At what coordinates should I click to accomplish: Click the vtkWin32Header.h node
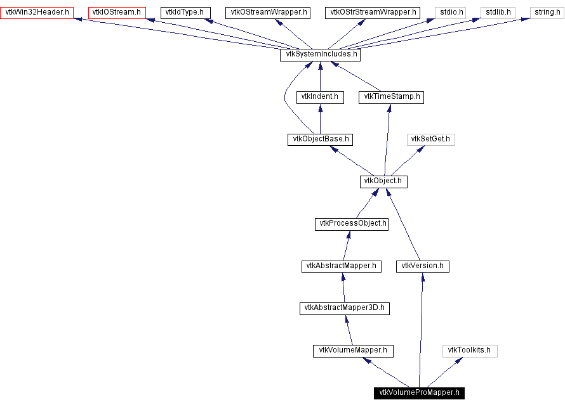(37, 12)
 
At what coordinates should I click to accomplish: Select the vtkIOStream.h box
(117, 12)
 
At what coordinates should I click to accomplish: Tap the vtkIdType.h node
(184, 12)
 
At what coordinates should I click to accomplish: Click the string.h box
(547, 12)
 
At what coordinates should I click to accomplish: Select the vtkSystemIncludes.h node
(320, 55)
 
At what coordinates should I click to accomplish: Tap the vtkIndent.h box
(320, 97)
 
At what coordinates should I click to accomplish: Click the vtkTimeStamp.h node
(391, 97)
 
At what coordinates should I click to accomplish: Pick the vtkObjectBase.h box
(319, 139)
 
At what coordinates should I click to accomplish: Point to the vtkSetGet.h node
(432, 139)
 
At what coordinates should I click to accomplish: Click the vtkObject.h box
(383, 181)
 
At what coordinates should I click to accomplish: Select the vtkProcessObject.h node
(352, 224)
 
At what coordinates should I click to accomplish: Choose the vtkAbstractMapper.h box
(342, 266)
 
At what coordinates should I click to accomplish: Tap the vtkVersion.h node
(423, 266)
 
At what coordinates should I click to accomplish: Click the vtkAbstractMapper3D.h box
(344, 308)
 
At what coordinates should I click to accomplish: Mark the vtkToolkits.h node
(470, 351)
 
